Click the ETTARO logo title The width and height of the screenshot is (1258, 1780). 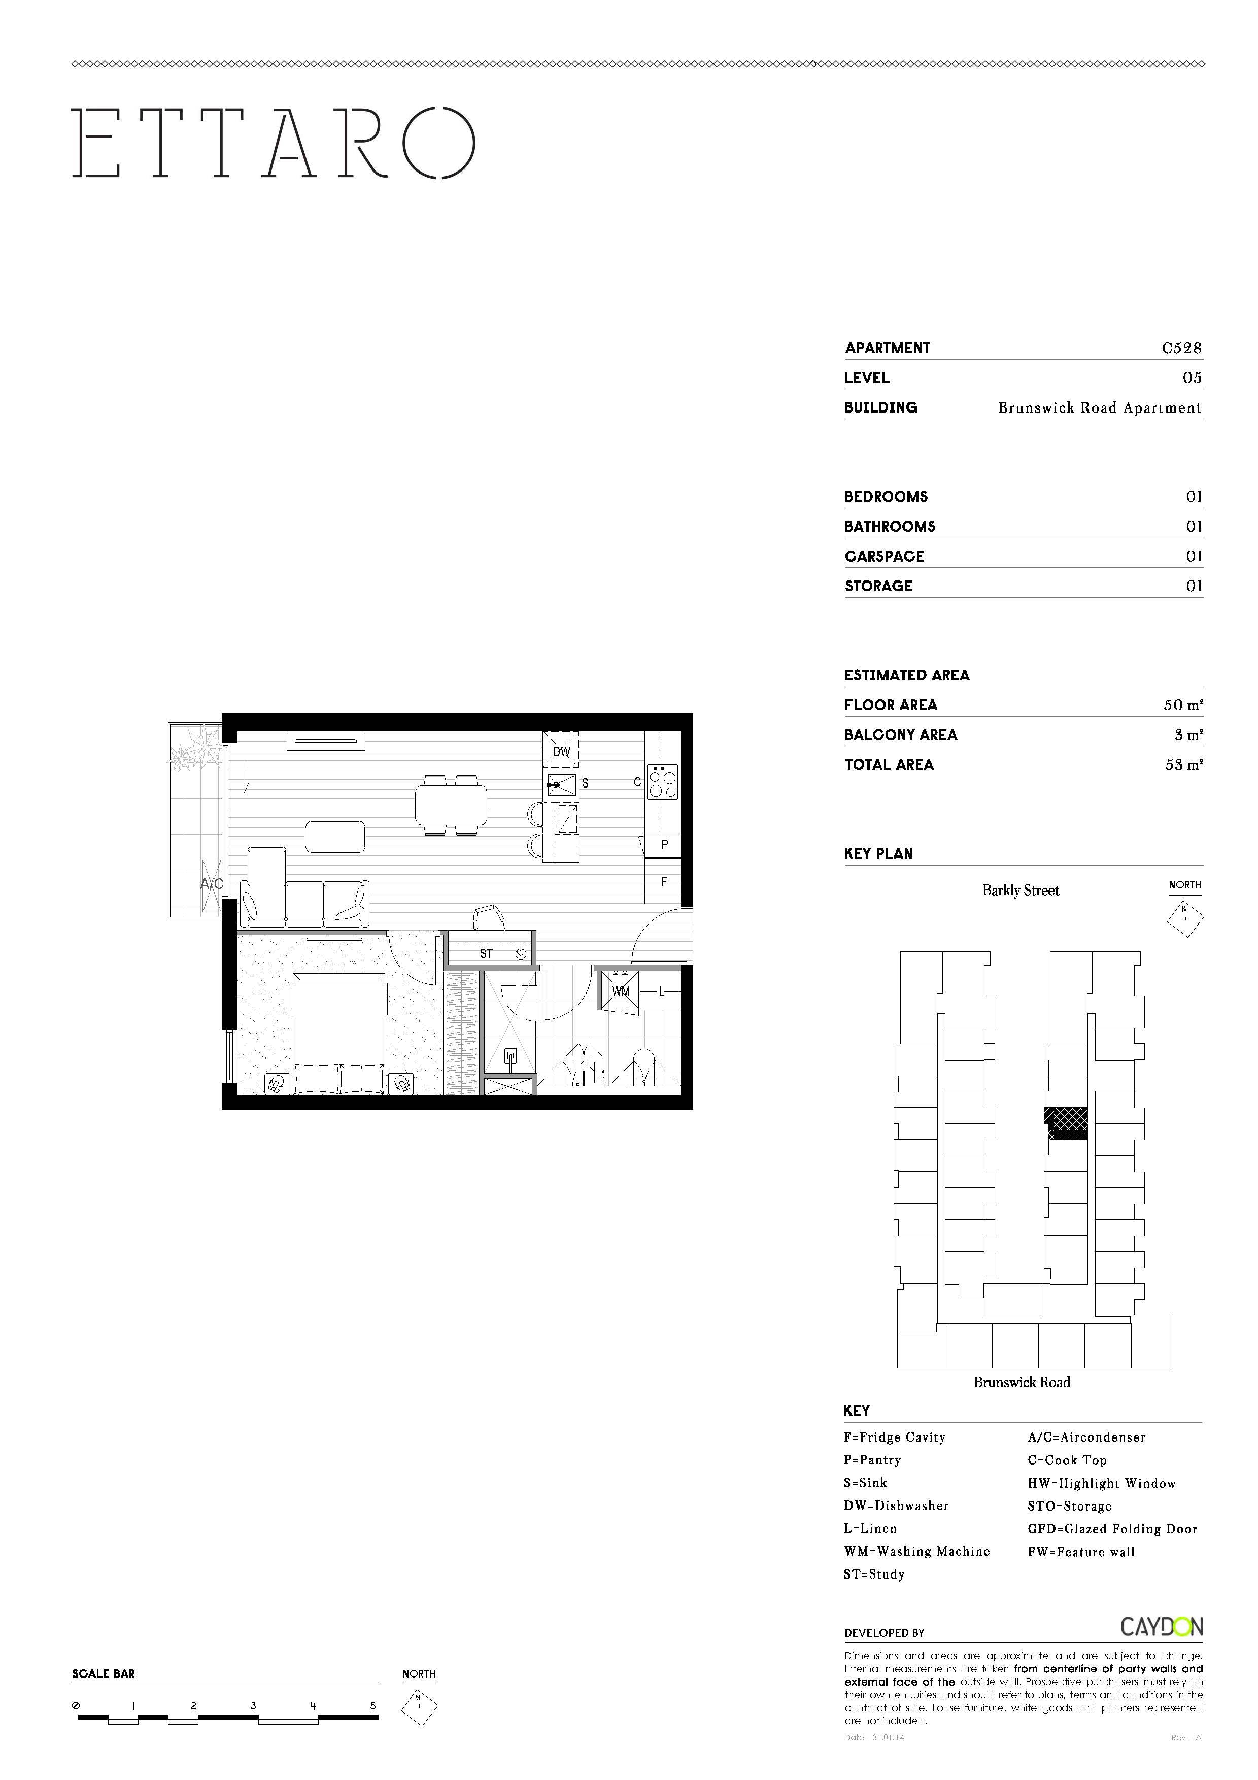(x=273, y=142)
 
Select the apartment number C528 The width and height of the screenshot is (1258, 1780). (x=1181, y=348)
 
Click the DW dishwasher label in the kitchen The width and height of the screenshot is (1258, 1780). (x=560, y=751)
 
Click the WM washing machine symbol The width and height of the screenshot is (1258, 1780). (x=621, y=991)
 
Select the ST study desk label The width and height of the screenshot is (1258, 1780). (x=486, y=953)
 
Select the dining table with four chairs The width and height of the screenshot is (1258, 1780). (x=451, y=805)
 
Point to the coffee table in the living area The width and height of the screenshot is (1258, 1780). (x=335, y=837)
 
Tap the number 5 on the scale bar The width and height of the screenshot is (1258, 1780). (x=373, y=1705)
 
